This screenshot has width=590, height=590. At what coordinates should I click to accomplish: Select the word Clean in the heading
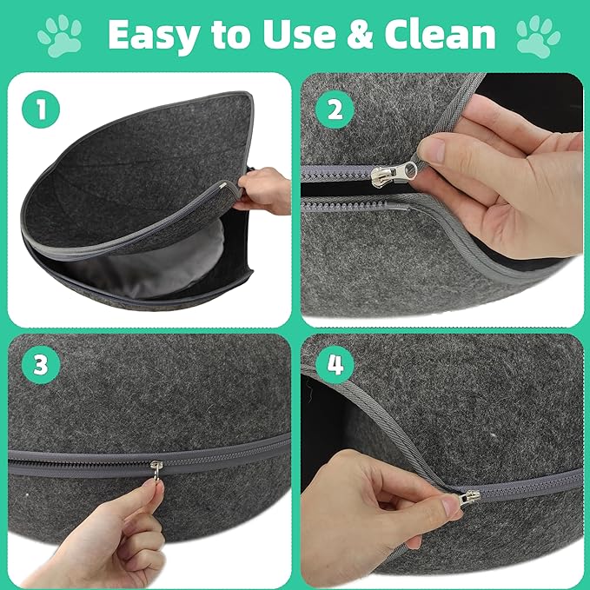pos(440,34)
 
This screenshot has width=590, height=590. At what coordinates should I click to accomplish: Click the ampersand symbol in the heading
pos(360,34)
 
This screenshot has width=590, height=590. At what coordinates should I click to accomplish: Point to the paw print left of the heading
pos(60,36)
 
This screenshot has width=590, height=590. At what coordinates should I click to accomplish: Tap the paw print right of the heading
pos(538,36)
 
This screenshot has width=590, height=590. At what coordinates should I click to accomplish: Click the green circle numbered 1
pos(41,109)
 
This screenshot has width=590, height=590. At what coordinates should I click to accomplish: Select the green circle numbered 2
pos(335,109)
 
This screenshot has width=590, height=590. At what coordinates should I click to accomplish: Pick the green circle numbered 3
pos(41,365)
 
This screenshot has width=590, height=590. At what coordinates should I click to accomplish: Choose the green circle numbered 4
pos(335,365)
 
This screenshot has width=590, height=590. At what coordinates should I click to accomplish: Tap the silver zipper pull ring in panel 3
pos(157,470)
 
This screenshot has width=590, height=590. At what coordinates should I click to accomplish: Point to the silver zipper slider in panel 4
pos(469,498)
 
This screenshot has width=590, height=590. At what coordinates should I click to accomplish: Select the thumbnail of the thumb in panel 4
pos(450,506)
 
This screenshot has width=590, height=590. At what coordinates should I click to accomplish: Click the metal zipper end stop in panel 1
pos(223,185)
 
